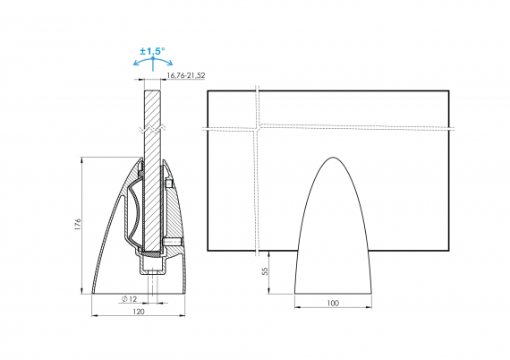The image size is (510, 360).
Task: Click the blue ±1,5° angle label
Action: (x=152, y=51)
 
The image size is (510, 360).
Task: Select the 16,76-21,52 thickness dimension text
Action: (x=186, y=75)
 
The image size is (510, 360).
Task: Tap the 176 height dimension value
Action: (x=78, y=225)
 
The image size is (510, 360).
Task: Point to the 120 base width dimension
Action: (x=139, y=312)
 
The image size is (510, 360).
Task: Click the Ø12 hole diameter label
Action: (x=129, y=299)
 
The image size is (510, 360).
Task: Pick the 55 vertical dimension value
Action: (x=266, y=271)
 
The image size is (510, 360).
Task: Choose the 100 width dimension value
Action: (x=333, y=303)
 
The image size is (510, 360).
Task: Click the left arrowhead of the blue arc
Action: (x=136, y=64)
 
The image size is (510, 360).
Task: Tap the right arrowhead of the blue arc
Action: (x=170, y=64)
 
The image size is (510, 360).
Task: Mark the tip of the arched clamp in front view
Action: (x=333, y=158)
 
